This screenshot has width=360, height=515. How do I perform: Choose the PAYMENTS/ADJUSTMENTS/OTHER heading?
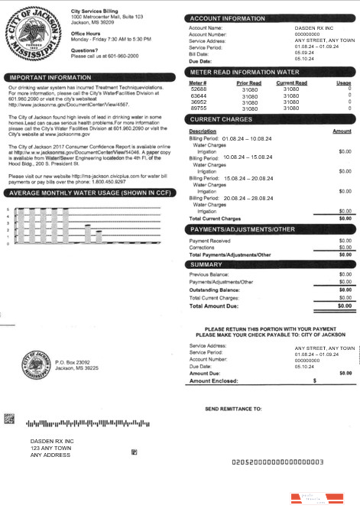[242, 228]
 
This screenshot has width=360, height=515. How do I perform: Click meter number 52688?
[198, 89]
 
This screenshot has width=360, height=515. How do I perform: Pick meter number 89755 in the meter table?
[198, 109]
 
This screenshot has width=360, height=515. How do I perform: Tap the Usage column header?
[343, 83]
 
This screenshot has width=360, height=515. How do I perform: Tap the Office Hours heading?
[89, 34]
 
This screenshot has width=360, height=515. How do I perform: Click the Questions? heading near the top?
[84, 50]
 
